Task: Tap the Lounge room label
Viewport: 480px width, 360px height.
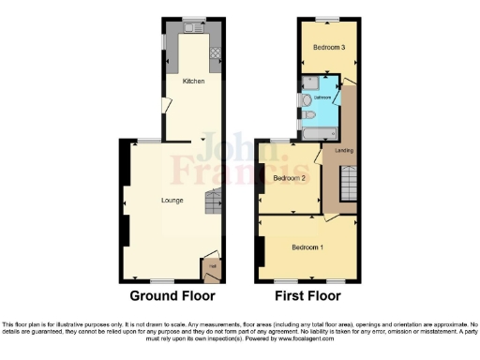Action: click(x=172, y=200)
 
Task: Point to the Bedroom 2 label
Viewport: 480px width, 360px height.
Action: click(x=291, y=178)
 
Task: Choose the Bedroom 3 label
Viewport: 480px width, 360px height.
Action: click(x=329, y=47)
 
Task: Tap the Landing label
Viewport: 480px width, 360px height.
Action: click(x=344, y=150)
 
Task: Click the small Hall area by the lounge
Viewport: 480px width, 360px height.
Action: click(x=213, y=268)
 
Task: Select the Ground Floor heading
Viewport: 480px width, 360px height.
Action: click(x=172, y=296)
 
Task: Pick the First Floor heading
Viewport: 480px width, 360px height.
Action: click(x=307, y=296)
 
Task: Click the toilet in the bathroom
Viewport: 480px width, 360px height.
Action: click(x=307, y=113)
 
